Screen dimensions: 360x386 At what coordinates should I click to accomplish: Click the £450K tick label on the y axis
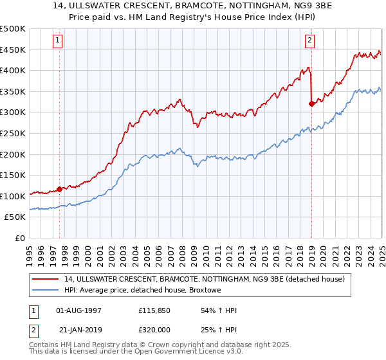click(x=13, y=50)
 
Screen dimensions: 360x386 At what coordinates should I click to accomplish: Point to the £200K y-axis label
click(x=13, y=154)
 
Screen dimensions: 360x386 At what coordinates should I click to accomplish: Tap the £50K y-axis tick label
click(x=15, y=217)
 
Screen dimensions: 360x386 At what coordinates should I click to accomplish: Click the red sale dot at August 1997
click(x=59, y=189)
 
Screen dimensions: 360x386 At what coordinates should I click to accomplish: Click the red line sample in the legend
click(x=46, y=279)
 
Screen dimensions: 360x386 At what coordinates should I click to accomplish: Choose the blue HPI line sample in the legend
click(x=46, y=291)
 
